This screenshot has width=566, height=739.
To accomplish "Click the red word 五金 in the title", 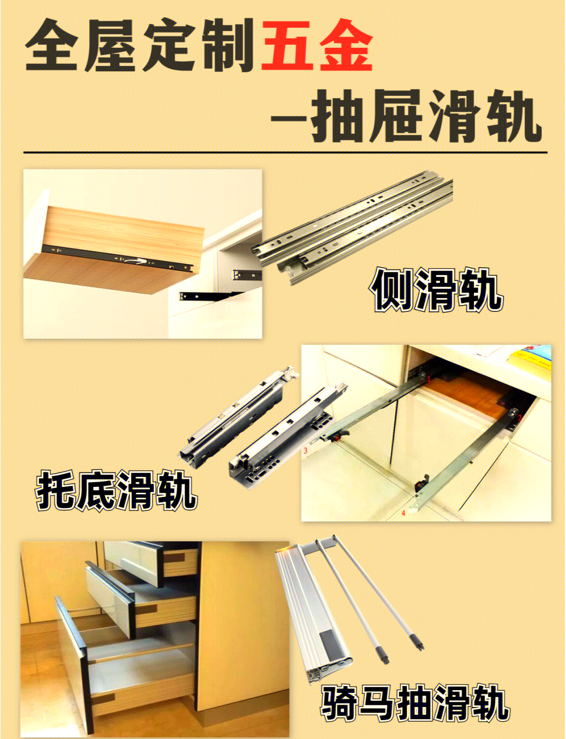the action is click(317, 45).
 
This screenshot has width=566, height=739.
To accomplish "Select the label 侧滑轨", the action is click(437, 290).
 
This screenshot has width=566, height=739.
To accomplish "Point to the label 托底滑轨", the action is click(116, 491).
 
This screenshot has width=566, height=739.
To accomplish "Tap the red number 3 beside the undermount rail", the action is click(305, 451).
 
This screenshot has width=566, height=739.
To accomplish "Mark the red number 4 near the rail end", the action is click(403, 513).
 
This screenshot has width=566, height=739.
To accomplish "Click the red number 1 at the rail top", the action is click(429, 378).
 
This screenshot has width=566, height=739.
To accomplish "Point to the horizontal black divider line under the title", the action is click(285, 153).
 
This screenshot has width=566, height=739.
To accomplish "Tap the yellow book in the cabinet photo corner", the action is click(530, 361).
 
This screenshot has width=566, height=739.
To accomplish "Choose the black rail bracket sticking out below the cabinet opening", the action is click(211, 296).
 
